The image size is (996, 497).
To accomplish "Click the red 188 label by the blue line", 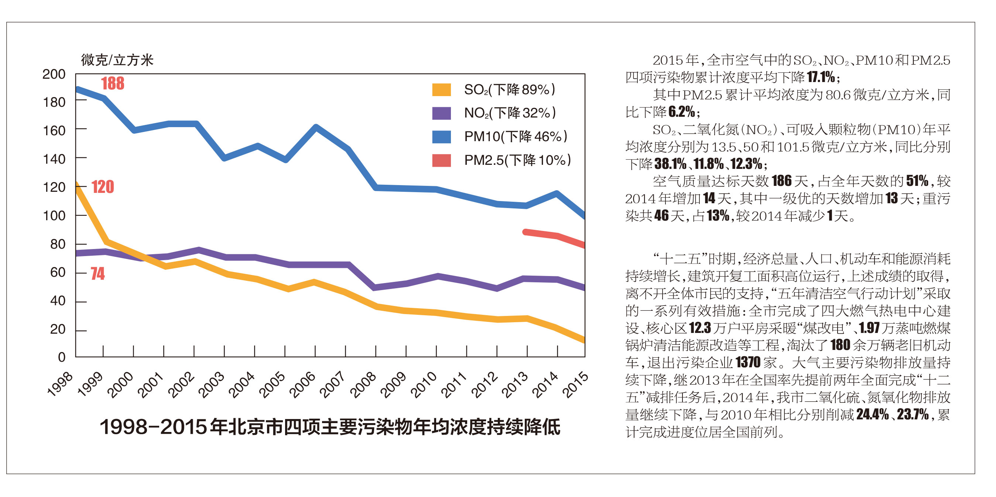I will (113, 83).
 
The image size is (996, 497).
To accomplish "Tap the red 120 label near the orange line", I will (102, 187).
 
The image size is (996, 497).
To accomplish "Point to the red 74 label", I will (98, 273).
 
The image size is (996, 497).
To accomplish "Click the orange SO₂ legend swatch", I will (441, 90).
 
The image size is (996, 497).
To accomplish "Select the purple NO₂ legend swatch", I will (441, 113).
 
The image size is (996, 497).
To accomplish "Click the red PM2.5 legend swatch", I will (441, 160).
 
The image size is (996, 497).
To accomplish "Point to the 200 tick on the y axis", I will (54, 74).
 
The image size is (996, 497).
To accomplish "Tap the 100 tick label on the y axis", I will (54, 215).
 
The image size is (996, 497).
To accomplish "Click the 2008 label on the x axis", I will (362, 384).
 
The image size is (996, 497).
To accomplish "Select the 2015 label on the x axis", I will (575, 384).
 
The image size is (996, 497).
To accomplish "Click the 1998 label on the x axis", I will (59, 384).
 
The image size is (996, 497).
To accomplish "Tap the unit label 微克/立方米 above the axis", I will (117, 60).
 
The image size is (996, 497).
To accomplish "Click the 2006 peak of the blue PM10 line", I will (316, 127).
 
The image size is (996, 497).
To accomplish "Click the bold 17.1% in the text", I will (821, 77).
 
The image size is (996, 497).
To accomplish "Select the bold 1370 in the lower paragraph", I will (748, 362).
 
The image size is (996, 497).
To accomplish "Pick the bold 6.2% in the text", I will (681, 112).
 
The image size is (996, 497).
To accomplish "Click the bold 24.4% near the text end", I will (872, 414).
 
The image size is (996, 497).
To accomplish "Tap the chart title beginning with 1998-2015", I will (330, 427).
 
